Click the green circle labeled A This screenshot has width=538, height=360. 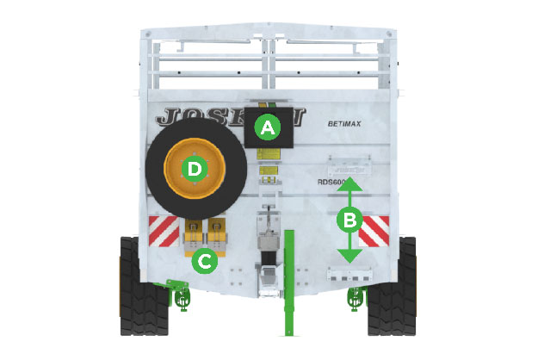pos(267,129)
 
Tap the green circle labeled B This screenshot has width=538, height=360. pos(349,220)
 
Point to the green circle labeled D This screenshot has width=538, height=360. pos(195,169)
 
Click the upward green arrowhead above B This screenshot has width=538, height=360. pos(349,183)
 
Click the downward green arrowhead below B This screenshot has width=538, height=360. pos(349,256)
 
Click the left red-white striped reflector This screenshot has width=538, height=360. pos(164,229)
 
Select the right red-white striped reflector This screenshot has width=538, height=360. pos(374,230)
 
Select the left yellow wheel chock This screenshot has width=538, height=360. pos(195,234)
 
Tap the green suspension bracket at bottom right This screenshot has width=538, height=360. pos(354,298)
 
